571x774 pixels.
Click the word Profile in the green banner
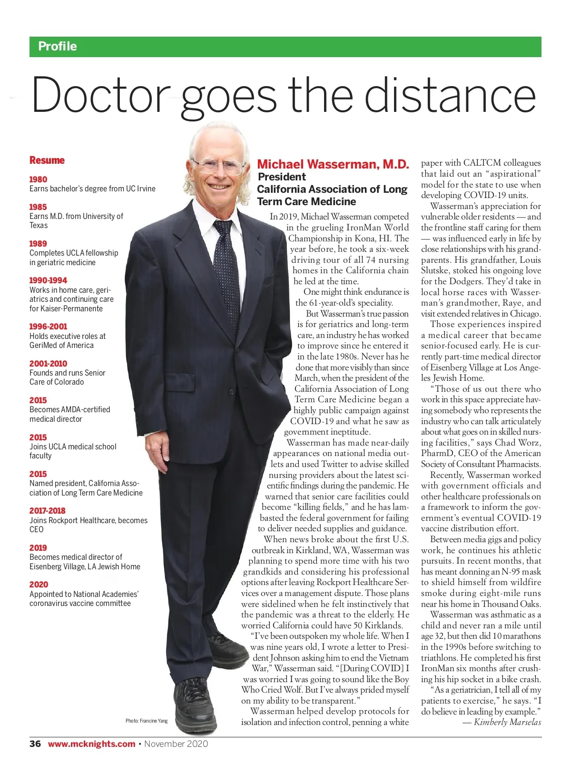(58, 46)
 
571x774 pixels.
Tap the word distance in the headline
(450, 94)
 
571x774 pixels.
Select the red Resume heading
(47, 160)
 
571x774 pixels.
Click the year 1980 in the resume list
(38, 179)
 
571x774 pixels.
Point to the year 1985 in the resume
(38, 207)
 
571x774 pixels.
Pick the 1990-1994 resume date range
(48, 280)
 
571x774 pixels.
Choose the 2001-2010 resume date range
(48, 364)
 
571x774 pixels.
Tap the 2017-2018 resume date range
(47, 511)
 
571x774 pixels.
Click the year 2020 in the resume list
(39, 585)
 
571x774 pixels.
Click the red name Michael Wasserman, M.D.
(333, 164)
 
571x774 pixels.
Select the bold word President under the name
(282, 177)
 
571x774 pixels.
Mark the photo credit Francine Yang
(147, 721)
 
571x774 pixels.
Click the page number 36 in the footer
(35, 744)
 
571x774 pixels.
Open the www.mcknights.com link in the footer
(91, 744)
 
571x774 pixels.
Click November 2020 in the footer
(176, 744)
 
